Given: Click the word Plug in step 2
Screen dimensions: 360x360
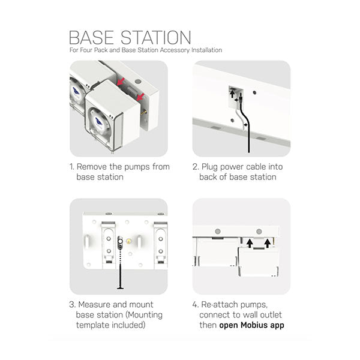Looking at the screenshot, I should [x=215, y=167].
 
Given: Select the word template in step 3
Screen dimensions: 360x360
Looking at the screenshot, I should [x=95, y=325].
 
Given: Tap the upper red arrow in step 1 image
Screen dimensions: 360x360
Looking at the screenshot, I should [x=121, y=81].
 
